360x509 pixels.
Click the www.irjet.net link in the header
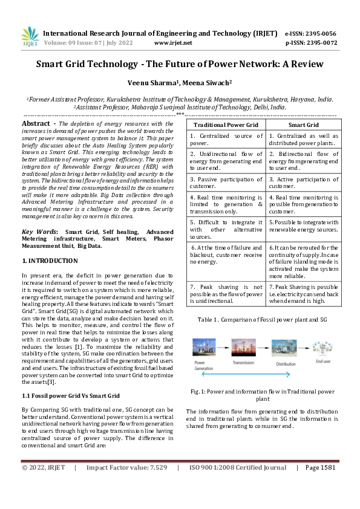pyautogui.click(x=173, y=43)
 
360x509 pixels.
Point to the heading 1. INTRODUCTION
pyautogui.click(x=50, y=261)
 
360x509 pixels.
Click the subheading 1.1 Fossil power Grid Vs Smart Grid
pyautogui.click(x=71, y=395)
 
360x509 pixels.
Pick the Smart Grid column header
pyautogui.click(x=303, y=124)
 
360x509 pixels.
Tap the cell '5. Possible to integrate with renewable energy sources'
pyautogui.click(x=303, y=226)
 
